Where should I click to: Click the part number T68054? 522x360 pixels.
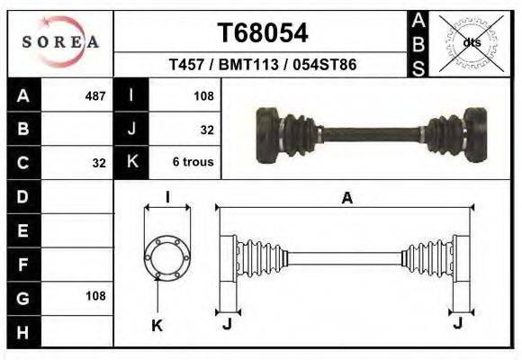pos(263,33)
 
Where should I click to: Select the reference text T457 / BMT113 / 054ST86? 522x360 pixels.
pos(263,66)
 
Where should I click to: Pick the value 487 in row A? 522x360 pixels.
pos(94,95)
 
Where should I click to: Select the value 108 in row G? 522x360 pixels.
pos(94,296)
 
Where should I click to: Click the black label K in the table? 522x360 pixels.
pos(131,163)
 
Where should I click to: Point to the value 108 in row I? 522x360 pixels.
pos(202,95)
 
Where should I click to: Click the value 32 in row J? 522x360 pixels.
pos(206,130)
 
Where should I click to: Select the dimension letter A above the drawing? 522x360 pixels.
pos(346,200)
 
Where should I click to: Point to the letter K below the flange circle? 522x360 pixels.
pos(156,326)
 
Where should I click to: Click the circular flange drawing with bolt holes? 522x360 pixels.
pos(167,257)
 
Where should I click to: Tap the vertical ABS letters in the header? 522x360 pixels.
pos(418,42)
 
